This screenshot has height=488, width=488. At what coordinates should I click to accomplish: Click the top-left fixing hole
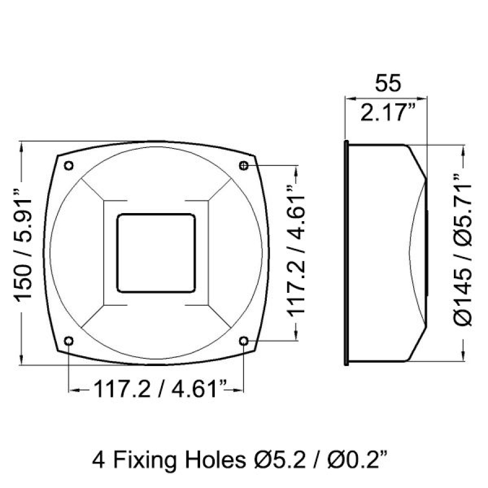[x=69, y=165]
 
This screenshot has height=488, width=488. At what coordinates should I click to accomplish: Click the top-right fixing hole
[x=243, y=165]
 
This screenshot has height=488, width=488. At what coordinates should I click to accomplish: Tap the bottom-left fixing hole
[x=69, y=341]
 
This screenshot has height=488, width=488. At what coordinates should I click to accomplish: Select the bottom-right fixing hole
[x=243, y=341]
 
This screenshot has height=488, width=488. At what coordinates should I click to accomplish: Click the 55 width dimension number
[x=388, y=83]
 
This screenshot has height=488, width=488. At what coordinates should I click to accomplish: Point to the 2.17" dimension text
[x=388, y=112]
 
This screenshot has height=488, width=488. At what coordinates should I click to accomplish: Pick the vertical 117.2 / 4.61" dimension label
[x=296, y=251]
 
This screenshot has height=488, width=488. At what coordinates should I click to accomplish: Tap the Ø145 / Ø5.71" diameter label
[x=464, y=251]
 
